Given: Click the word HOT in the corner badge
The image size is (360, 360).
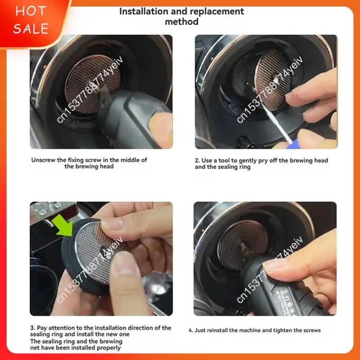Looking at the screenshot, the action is click(31, 11).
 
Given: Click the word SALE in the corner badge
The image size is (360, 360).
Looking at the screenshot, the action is click(31, 28).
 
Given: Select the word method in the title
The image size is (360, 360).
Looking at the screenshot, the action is click(182, 22).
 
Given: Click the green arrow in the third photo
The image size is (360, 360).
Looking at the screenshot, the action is click(63, 225).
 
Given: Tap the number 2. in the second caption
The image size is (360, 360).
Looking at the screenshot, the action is click(197, 160).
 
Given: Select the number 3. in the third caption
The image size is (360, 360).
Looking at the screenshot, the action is click(32, 328).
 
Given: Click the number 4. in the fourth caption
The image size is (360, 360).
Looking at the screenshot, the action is click(191, 330).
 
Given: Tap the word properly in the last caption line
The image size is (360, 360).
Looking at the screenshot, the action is click(108, 348).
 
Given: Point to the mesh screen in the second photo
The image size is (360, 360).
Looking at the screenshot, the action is click(273, 80).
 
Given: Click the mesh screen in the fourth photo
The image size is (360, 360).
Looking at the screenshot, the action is click(243, 244).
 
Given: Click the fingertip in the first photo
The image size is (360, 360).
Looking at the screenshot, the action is click(161, 129).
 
